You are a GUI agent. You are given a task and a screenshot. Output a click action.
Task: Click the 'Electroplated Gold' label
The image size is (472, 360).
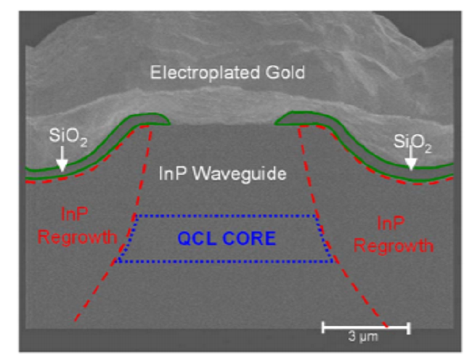[x=227, y=73]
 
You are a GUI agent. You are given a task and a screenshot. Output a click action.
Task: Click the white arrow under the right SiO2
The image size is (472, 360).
[x=412, y=160]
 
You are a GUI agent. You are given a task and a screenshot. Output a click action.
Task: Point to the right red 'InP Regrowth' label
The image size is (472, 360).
[x=393, y=234]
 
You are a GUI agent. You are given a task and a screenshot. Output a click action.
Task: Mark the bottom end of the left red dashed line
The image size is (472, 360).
[x=74, y=321]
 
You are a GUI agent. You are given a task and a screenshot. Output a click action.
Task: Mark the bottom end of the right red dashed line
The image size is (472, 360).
[x=385, y=324]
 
